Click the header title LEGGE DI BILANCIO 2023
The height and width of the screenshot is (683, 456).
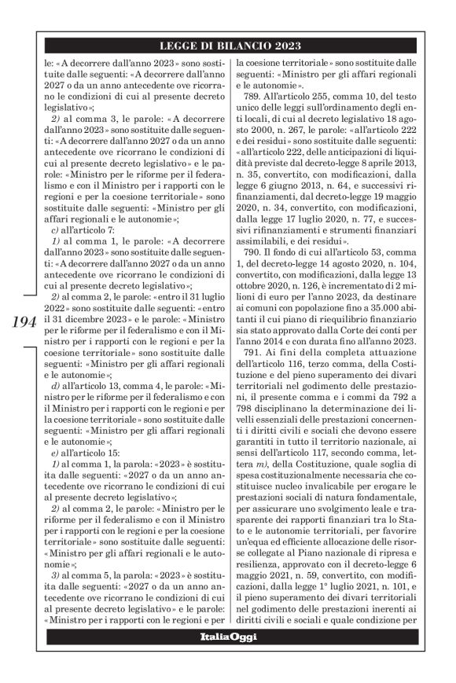click(227, 46)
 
